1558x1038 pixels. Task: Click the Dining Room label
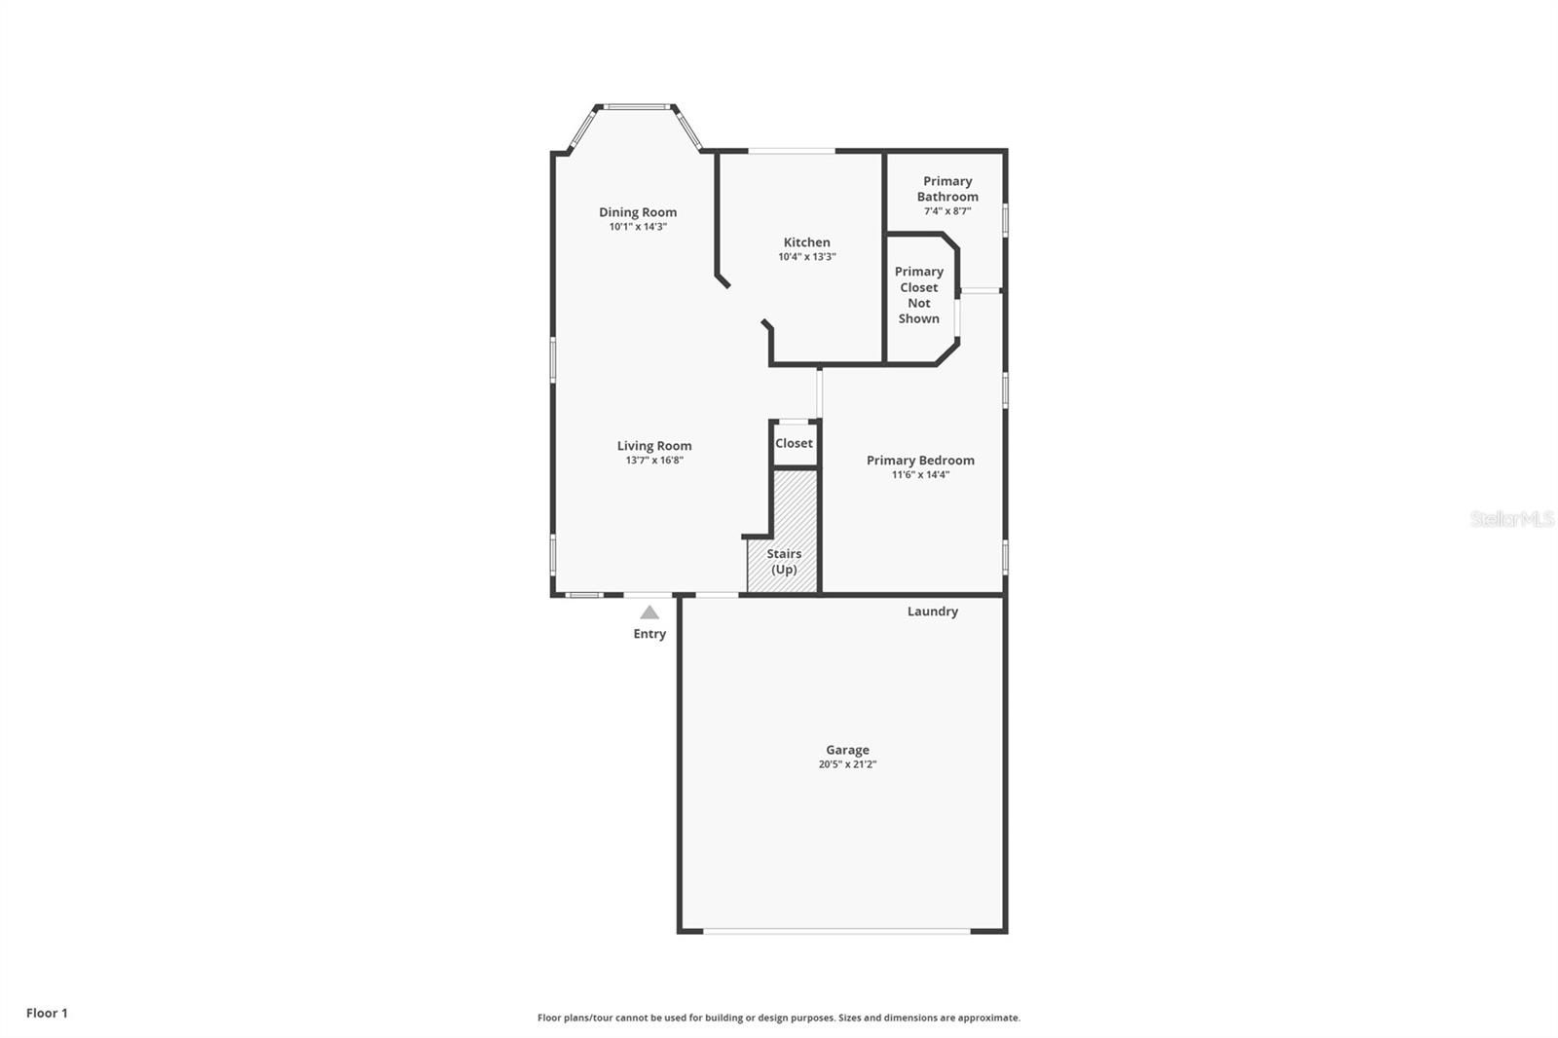click(x=638, y=212)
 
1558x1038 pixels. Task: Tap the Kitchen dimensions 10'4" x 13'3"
click(x=807, y=257)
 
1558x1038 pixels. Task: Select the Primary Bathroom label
click(x=947, y=189)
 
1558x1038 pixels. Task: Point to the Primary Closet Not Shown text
click(x=919, y=295)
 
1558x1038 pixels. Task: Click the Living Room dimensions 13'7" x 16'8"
click(x=654, y=460)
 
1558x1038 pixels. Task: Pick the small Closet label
click(x=794, y=443)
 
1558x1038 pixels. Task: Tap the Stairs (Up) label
click(x=784, y=562)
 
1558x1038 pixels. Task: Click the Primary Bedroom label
click(x=920, y=460)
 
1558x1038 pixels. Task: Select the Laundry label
click(x=933, y=612)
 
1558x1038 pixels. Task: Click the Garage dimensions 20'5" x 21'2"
click(x=847, y=763)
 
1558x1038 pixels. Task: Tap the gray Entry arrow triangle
click(x=649, y=612)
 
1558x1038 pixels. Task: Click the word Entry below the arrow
click(x=649, y=634)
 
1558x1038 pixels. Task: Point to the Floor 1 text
click(x=48, y=1013)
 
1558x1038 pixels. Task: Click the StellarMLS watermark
click(x=1512, y=518)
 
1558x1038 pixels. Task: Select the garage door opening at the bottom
click(x=836, y=931)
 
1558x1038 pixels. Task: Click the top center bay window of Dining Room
click(x=637, y=107)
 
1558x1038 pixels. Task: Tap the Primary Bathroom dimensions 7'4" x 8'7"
click(x=947, y=210)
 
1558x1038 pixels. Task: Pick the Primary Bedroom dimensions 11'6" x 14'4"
click(x=920, y=474)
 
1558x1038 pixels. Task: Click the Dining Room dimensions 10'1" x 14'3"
click(x=638, y=227)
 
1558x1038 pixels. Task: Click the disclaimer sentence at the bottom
click(x=779, y=1018)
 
